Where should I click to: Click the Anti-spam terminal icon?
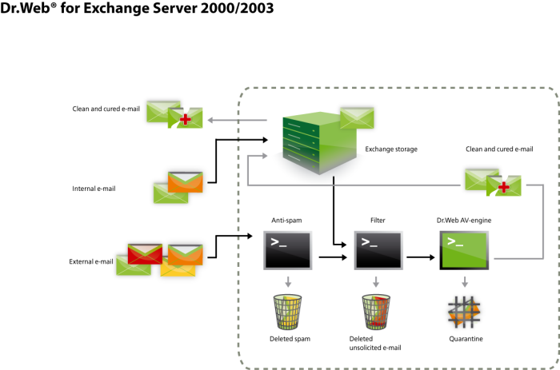click(287, 250)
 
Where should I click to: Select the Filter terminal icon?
click(378, 250)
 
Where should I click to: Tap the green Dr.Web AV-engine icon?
click(464, 250)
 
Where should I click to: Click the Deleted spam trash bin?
click(287, 312)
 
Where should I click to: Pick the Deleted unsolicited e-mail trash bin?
click(376, 312)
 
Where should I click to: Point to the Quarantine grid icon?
click(464, 312)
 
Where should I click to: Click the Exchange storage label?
click(391, 149)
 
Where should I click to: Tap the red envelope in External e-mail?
click(145, 253)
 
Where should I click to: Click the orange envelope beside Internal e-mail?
click(186, 182)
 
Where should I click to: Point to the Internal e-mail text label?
click(94, 189)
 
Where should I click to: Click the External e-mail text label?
click(91, 261)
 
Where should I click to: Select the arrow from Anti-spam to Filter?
click(333, 257)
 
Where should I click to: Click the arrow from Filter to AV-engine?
click(421, 257)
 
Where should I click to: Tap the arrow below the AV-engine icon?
click(465, 281)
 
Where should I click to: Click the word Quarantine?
click(466, 339)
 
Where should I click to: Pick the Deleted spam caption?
click(290, 339)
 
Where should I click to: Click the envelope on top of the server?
click(357, 117)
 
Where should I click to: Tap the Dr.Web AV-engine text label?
click(464, 220)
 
